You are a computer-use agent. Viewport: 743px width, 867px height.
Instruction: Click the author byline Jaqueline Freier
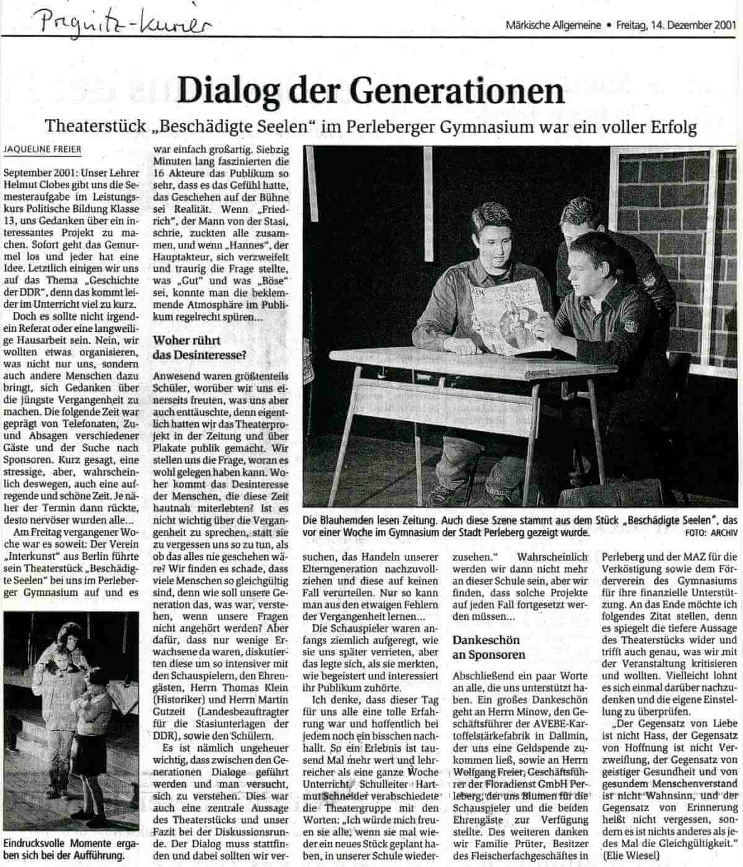coord(41,150)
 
